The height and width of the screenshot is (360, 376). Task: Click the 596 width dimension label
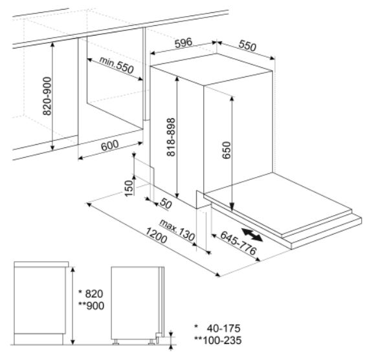[183, 43]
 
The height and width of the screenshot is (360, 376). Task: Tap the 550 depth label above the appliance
[247, 46]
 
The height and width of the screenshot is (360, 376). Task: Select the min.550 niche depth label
[116, 65]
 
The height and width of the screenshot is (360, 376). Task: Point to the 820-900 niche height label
[47, 96]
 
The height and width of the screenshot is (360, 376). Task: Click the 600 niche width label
[109, 145]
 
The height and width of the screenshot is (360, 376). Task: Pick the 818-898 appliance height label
[171, 137]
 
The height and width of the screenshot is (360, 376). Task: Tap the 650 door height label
[227, 150]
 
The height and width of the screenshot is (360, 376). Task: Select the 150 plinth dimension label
[129, 188]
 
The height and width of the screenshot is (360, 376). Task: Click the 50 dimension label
[166, 204]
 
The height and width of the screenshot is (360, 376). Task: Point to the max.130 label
[177, 230]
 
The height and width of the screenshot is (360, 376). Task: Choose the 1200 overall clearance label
[156, 235]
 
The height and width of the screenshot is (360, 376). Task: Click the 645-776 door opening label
[238, 243]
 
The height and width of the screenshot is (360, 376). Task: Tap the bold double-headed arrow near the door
[252, 235]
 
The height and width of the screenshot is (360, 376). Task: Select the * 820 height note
[91, 293]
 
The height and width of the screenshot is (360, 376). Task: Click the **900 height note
[91, 306]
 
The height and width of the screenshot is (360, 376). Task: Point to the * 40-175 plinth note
[217, 328]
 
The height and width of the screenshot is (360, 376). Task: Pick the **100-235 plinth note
[217, 341]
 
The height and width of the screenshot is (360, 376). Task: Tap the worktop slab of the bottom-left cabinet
[41, 264]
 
